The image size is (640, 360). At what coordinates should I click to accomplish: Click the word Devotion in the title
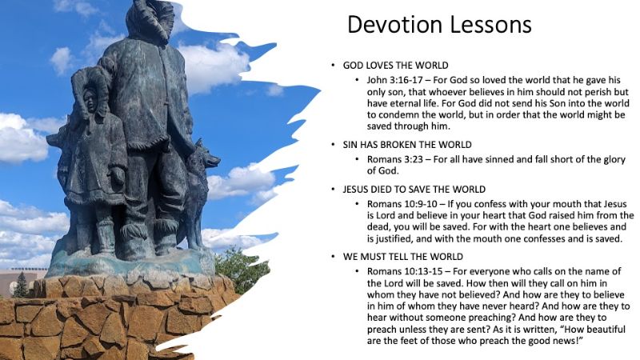(391, 24)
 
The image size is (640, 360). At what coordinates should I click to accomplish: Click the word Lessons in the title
(486, 24)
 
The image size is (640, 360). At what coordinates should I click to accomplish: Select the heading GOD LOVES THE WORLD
(395, 66)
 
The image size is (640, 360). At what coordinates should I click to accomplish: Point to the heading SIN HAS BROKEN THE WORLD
(407, 145)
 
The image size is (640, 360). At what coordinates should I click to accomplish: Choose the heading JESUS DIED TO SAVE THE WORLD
(414, 190)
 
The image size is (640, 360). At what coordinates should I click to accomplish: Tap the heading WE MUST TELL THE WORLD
(403, 257)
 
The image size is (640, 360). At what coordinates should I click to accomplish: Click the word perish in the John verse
(604, 92)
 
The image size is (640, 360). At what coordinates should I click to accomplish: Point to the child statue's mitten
(118, 174)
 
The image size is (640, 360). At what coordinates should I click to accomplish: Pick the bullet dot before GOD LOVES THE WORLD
(333, 66)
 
